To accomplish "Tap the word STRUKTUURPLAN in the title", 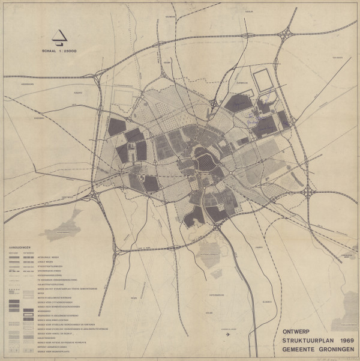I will click(306, 340).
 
